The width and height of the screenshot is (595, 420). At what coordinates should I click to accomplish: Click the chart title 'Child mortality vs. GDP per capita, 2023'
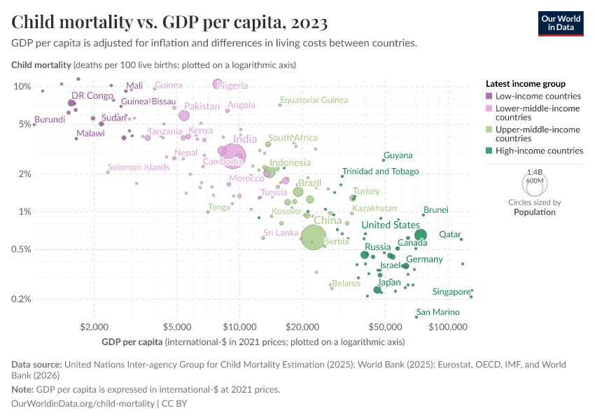[x=169, y=23]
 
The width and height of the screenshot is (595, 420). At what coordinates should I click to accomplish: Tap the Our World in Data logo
[x=561, y=23]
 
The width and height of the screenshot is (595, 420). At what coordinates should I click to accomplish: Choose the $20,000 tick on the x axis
[x=303, y=327]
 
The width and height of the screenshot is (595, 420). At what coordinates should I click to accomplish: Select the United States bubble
[x=421, y=235]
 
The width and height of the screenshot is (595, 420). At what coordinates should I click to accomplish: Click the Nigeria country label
[x=233, y=86]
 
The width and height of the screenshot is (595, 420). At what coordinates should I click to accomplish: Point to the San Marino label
[x=437, y=312]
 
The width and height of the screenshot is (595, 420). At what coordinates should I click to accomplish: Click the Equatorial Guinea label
[x=314, y=100]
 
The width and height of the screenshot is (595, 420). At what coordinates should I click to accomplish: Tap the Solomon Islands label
[x=138, y=167]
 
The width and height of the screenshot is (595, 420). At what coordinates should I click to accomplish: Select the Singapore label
[x=451, y=291]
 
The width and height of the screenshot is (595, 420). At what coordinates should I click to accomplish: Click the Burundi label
[x=50, y=120]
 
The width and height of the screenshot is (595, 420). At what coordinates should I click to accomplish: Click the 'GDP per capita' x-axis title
[x=132, y=342]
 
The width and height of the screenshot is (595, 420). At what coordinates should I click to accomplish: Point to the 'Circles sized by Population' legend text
[x=534, y=207]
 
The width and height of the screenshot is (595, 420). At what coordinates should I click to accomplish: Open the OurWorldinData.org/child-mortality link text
[x=83, y=404]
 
